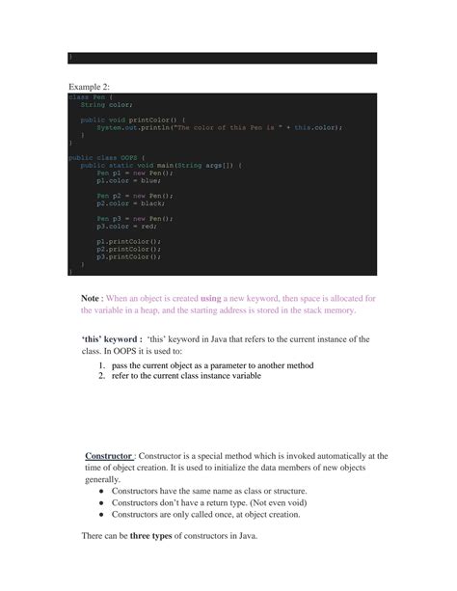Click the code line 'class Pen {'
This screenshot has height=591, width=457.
(91, 96)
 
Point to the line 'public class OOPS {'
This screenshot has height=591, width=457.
(105, 156)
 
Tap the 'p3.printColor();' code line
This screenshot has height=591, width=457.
(128, 257)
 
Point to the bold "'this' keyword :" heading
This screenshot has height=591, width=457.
(113, 339)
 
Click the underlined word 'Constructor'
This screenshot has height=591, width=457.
(108, 455)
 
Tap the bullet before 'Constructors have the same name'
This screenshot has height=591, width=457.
(102, 491)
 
